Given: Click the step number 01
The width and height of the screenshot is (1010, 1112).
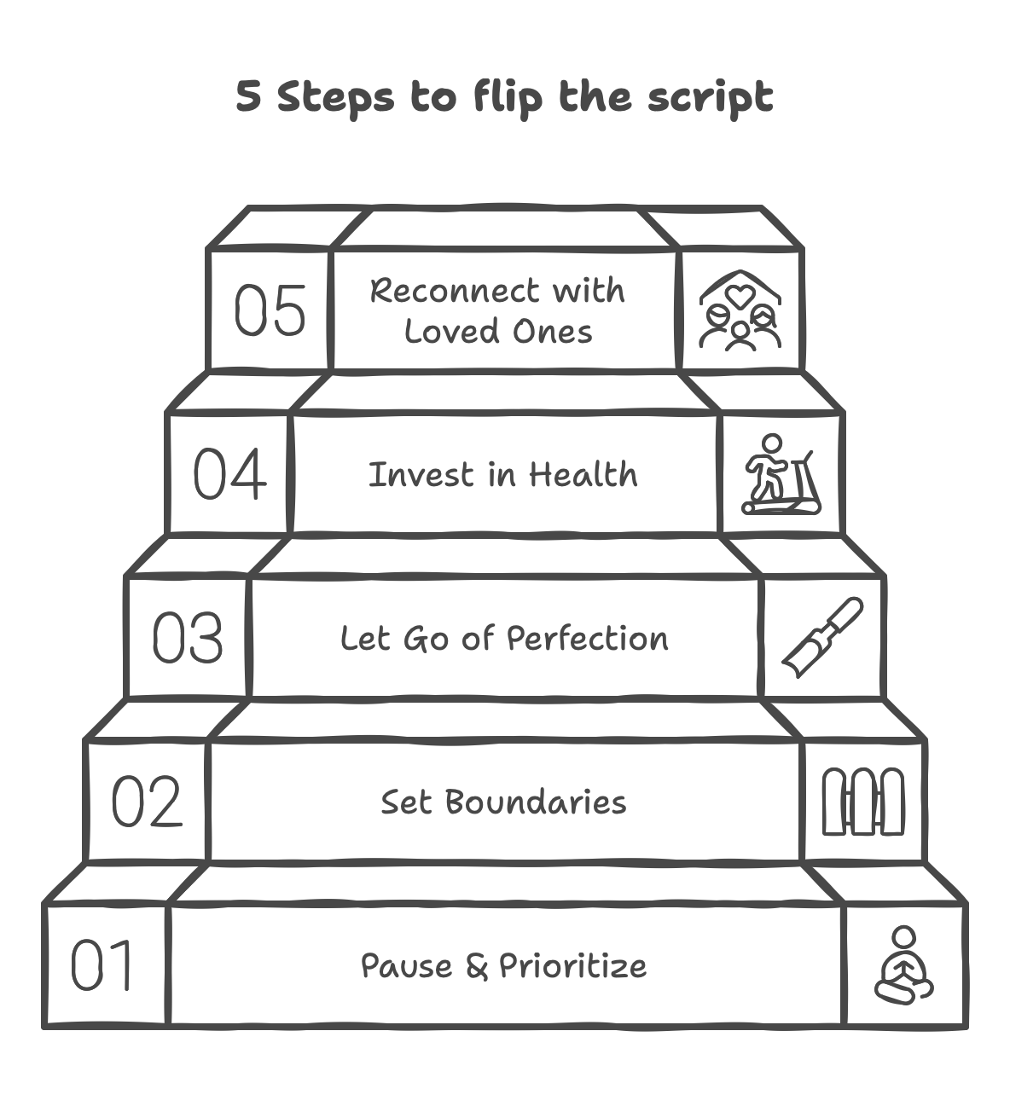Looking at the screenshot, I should [x=102, y=965].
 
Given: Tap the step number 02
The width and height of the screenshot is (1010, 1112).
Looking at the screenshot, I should [x=147, y=802].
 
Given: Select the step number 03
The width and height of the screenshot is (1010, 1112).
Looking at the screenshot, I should [x=188, y=638].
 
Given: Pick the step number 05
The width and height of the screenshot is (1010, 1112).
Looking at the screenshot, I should [x=270, y=310].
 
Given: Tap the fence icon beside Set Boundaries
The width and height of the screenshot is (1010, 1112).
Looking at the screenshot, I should [x=862, y=802].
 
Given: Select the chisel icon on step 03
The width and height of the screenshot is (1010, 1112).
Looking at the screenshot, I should [x=822, y=637].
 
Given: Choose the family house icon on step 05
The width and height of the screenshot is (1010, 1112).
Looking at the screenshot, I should [x=740, y=310].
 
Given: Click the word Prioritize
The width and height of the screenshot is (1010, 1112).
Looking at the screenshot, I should [x=572, y=966].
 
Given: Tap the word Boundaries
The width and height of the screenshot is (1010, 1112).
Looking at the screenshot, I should [x=535, y=802].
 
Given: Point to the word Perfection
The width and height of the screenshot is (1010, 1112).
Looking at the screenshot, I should [x=587, y=639].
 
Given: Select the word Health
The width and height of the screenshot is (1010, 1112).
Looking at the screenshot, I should [x=583, y=475].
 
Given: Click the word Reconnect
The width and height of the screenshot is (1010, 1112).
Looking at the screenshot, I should [x=456, y=291].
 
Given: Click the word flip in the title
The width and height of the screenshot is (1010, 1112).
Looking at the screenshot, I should [x=508, y=97].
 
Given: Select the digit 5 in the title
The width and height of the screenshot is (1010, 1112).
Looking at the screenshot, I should [x=248, y=96].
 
